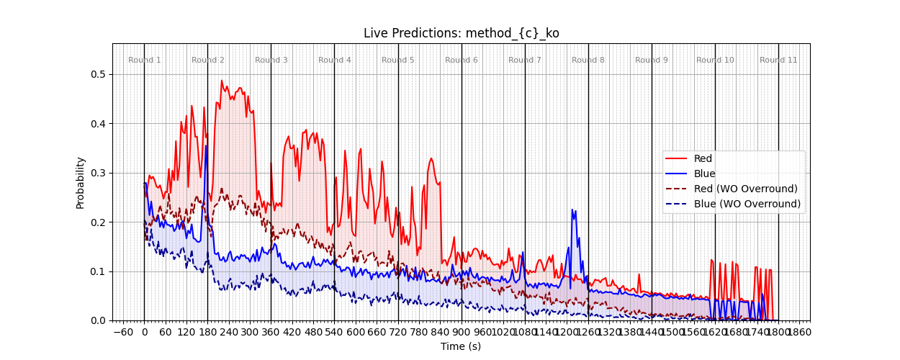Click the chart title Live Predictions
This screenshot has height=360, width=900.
click(x=461, y=33)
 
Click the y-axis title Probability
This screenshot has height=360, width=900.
click(x=81, y=182)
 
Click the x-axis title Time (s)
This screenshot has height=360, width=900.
click(x=461, y=346)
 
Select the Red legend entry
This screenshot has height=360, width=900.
click(x=703, y=158)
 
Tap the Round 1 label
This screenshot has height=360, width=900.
click(x=145, y=60)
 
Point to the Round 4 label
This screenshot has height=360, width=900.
click(x=335, y=60)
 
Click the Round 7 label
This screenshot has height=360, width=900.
click(x=525, y=60)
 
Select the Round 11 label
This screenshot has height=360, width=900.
click(x=778, y=60)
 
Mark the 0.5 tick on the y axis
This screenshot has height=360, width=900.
click(x=98, y=74)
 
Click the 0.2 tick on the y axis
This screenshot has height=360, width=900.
click(x=98, y=222)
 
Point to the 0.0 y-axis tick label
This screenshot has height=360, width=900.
click(x=98, y=320)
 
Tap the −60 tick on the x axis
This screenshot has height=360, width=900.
click(x=123, y=332)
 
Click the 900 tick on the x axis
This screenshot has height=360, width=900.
click(x=462, y=332)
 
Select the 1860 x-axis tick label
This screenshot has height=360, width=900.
click(x=799, y=332)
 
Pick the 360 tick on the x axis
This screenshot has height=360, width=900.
click(x=271, y=332)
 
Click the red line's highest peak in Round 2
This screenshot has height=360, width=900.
click(x=222, y=81)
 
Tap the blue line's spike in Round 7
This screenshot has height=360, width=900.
click(x=573, y=210)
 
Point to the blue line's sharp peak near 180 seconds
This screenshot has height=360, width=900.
click(x=206, y=146)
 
